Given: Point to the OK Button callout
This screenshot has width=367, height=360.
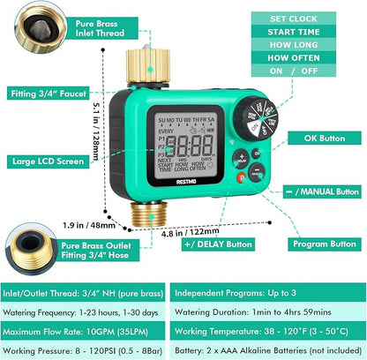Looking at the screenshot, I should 327,138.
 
